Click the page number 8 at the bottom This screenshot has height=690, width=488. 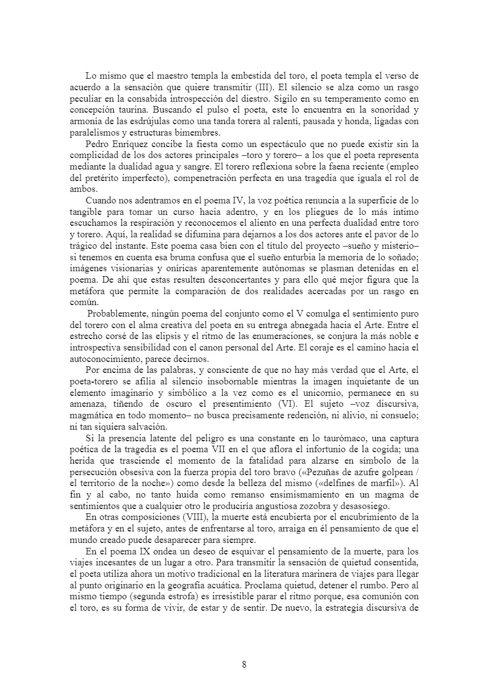pos(244,665)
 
